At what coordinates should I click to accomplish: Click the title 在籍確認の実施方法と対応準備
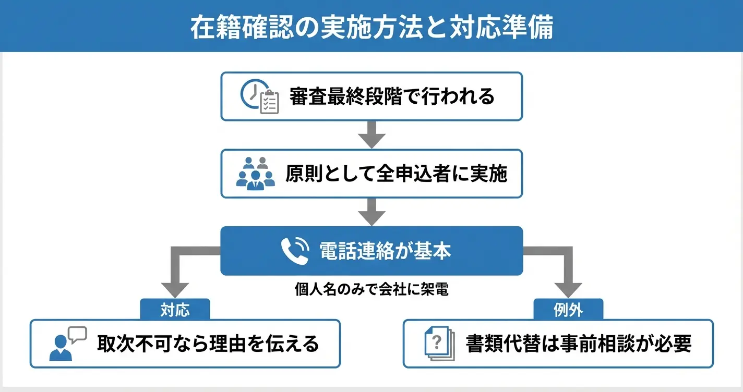click(x=371, y=28)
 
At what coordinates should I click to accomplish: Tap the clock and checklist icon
click(x=260, y=97)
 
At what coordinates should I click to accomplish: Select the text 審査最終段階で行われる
click(x=392, y=96)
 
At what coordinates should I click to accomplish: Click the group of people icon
click(x=255, y=174)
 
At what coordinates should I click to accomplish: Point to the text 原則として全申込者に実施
click(x=396, y=174)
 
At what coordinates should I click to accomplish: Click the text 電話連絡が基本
click(x=385, y=251)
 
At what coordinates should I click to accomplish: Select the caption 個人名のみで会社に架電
click(x=371, y=290)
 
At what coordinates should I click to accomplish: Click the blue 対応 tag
click(x=175, y=310)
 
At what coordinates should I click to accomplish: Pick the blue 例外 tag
click(x=568, y=310)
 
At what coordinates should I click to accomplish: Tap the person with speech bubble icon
click(x=67, y=344)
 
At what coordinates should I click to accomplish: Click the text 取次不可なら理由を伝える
click(x=208, y=344)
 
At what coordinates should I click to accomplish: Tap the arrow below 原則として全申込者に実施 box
click(x=371, y=213)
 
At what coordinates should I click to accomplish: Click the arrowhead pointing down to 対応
click(x=175, y=288)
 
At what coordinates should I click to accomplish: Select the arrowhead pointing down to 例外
click(x=568, y=288)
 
